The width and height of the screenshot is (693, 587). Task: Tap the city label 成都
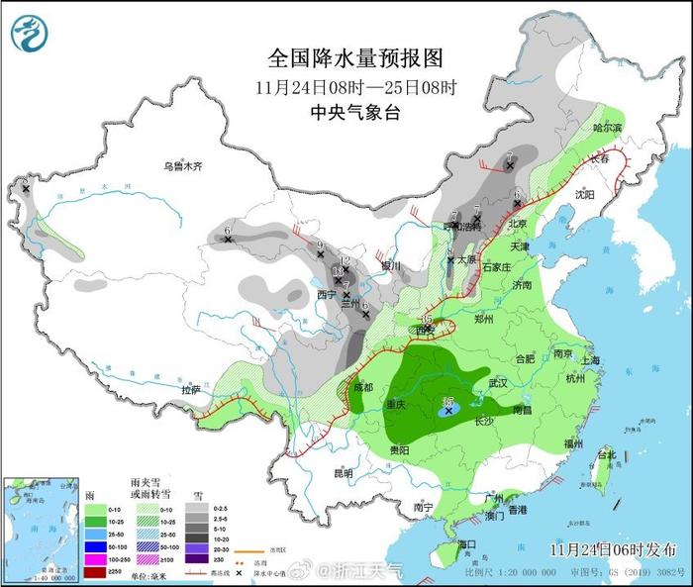(362, 387)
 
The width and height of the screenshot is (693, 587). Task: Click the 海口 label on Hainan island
(464, 544)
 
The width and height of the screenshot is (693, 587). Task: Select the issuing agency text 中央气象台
(353, 113)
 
